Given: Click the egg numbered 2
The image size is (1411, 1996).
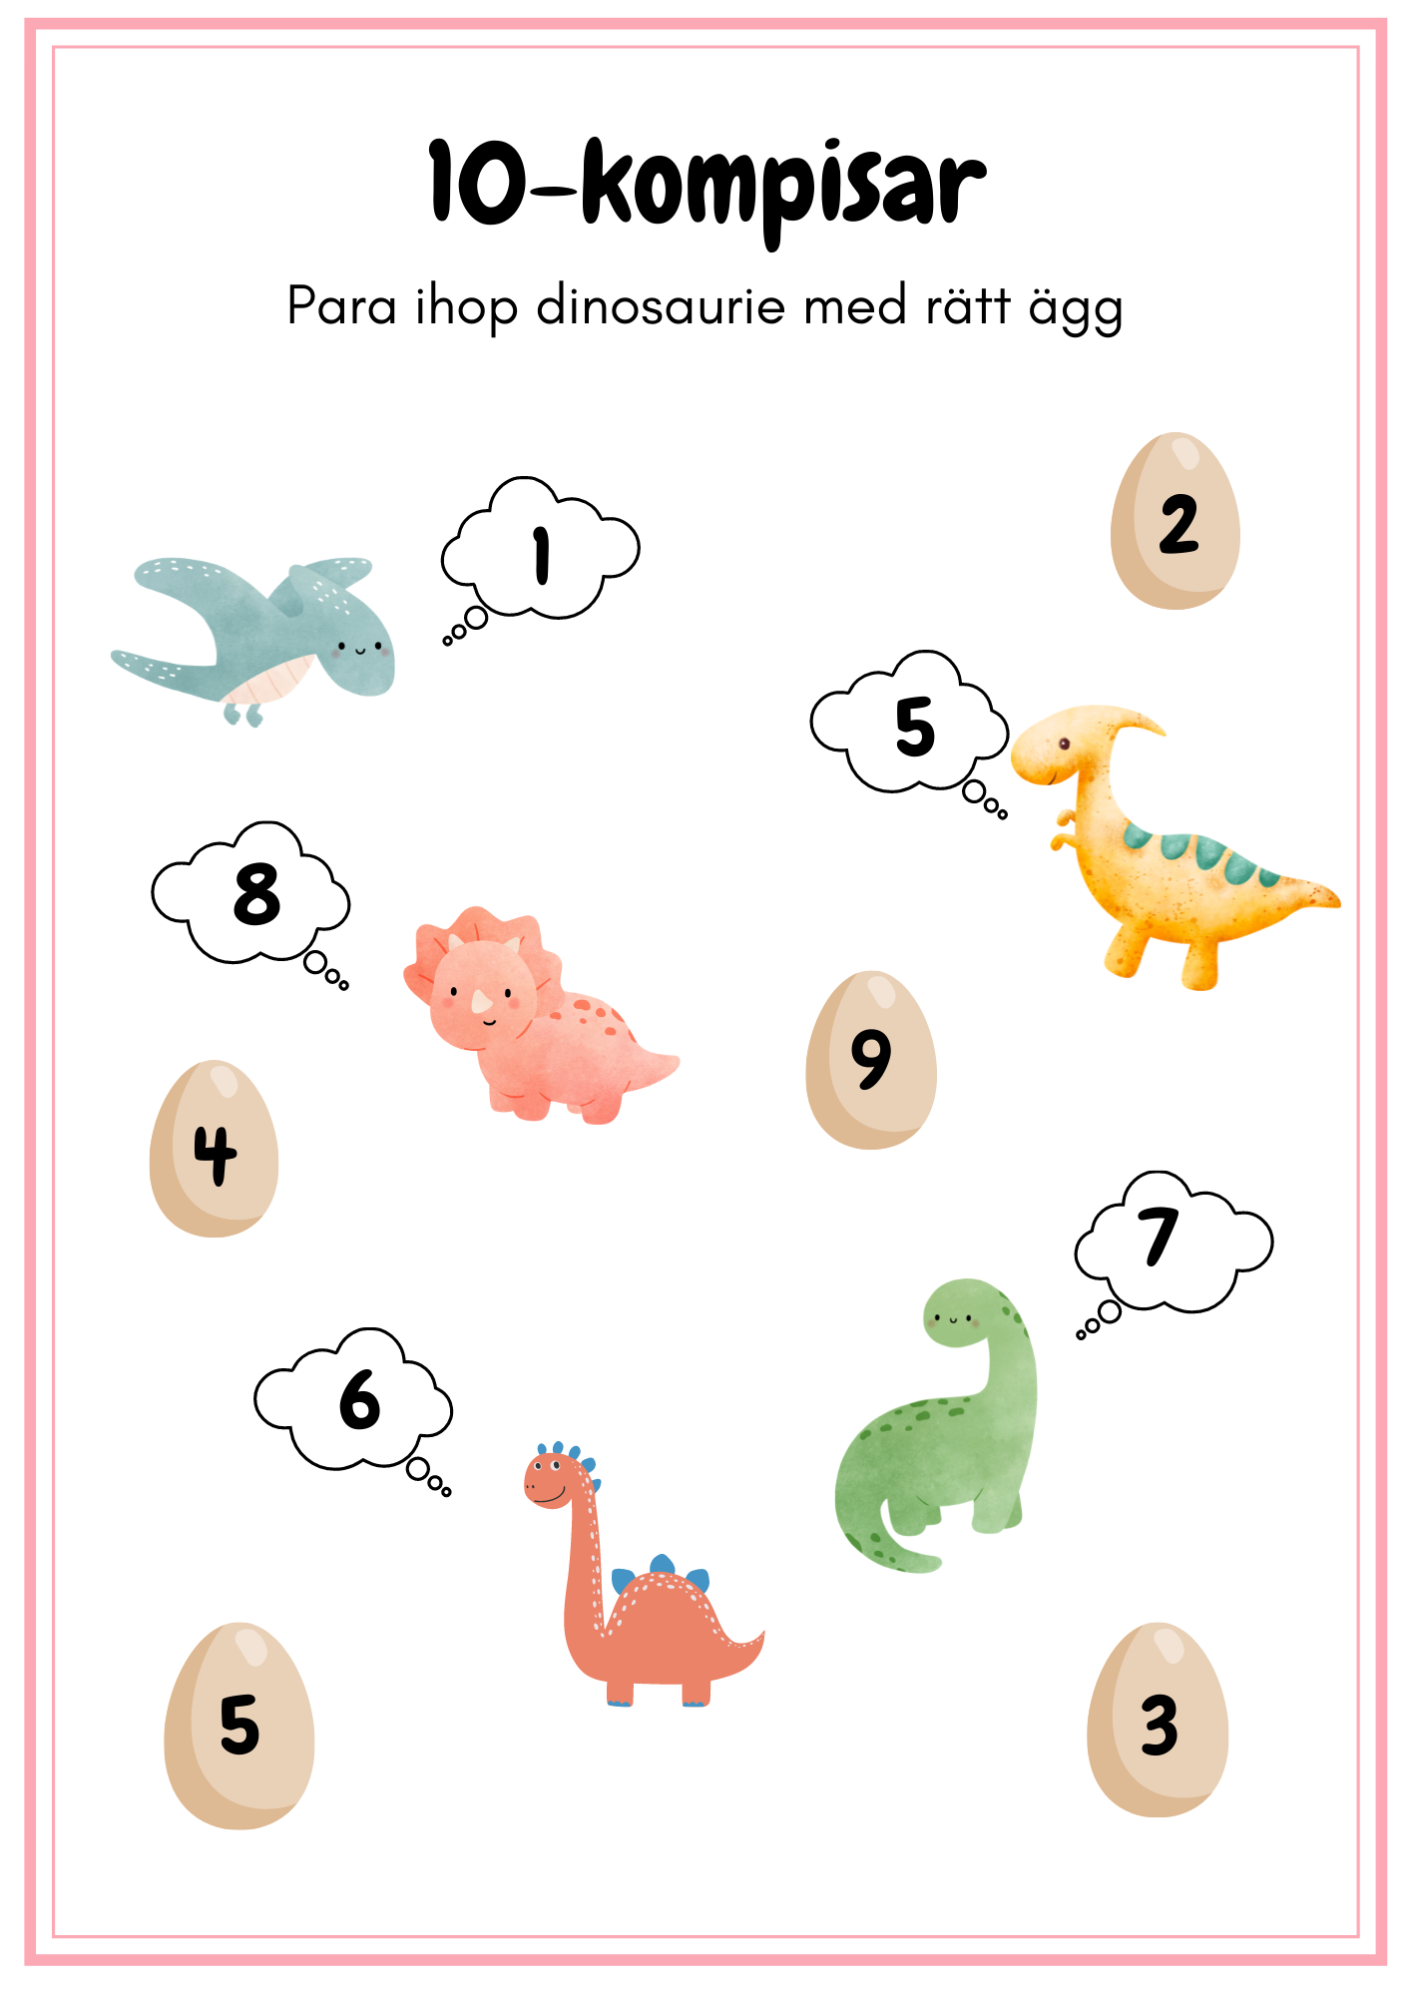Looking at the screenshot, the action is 1176,521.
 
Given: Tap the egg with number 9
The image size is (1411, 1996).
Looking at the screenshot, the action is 871,1060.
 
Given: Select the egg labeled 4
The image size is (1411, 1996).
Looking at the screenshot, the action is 214,1149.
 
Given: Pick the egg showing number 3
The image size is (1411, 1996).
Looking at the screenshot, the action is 1158,1720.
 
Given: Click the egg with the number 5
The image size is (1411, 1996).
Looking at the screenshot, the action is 239,1726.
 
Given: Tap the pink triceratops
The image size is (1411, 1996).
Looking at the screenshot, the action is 539,1016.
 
